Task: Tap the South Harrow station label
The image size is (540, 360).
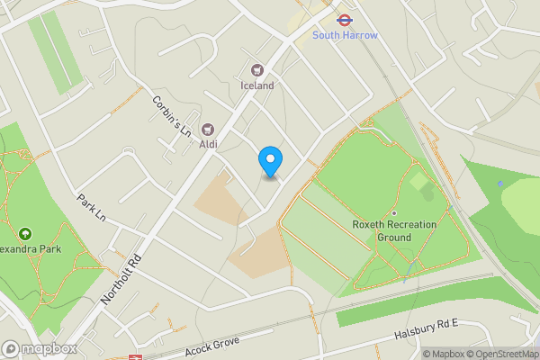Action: (346, 35)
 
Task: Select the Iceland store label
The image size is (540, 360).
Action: (257, 85)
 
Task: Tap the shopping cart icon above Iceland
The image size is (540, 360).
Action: (257, 70)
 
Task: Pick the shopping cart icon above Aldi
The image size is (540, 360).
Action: (208, 130)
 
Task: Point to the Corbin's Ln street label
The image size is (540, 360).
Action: (173, 115)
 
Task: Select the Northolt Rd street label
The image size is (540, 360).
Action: (123, 276)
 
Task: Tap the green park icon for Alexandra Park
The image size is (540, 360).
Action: (22, 233)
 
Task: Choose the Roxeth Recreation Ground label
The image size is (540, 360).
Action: (394, 230)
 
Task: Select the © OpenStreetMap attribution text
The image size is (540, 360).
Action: (504, 354)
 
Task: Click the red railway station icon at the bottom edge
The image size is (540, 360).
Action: (135, 356)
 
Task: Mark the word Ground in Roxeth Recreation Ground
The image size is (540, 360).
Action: (394, 238)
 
